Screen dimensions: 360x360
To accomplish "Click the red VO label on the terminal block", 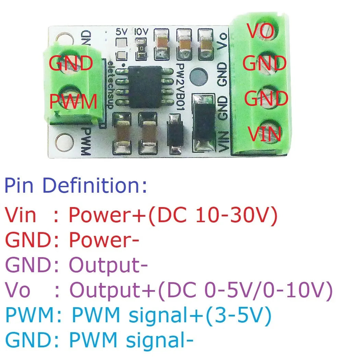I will point(261,31).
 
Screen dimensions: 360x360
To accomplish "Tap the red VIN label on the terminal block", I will point(264,134).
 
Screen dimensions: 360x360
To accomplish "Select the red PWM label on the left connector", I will point(73,102).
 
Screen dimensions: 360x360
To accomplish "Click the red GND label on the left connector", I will point(71,63).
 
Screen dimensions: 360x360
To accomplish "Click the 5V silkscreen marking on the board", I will point(122,32).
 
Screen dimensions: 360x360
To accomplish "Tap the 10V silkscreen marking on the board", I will point(141,32).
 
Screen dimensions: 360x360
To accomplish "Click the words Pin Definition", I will point(75,185).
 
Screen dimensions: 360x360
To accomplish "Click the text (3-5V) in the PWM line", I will point(238,316).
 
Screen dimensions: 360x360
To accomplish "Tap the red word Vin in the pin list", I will point(20,215).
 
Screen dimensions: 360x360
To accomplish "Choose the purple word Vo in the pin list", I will point(17,291).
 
